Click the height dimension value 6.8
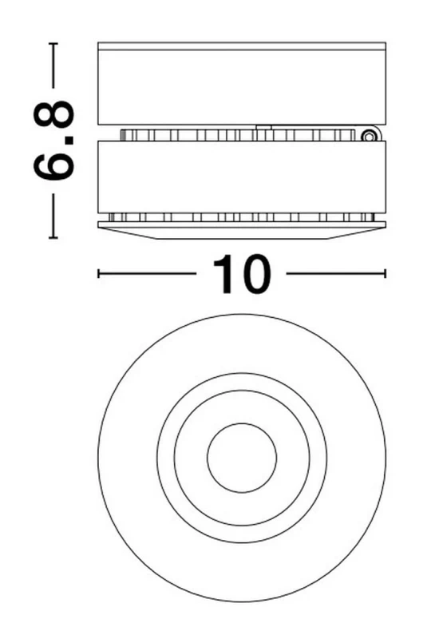click(x=54, y=142)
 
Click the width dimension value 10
click(x=241, y=274)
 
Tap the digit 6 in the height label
click(x=54, y=163)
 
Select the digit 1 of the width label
click(x=223, y=274)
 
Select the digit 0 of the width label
click(x=253, y=274)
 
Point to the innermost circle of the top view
click(x=242, y=458)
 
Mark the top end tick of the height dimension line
click(x=54, y=44)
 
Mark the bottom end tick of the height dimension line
click(x=54, y=237)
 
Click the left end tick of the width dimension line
click(x=98, y=274)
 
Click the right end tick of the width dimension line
click(x=386, y=274)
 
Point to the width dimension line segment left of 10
click(x=148, y=274)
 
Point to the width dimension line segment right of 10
click(x=335, y=274)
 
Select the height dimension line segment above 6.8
click(x=54, y=68)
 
